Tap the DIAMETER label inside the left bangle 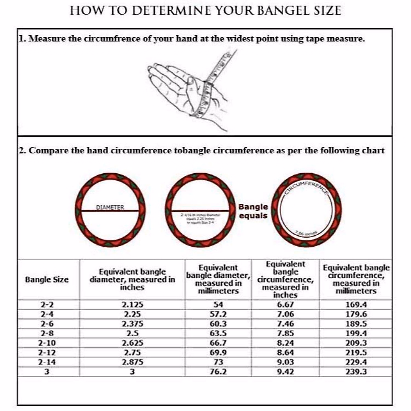(110, 207)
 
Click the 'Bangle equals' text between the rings (253, 211)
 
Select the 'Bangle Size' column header (47, 279)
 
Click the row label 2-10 (47, 343)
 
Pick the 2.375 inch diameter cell (133, 324)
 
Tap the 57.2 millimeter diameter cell (218, 314)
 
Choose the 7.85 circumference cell (285, 333)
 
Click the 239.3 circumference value (356, 372)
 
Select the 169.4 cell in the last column (356, 304)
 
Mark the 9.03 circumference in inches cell (285, 362)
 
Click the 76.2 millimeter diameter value (218, 372)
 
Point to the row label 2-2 (47, 304)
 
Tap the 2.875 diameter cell (133, 362)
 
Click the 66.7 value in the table (218, 343)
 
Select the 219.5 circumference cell (356, 352)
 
